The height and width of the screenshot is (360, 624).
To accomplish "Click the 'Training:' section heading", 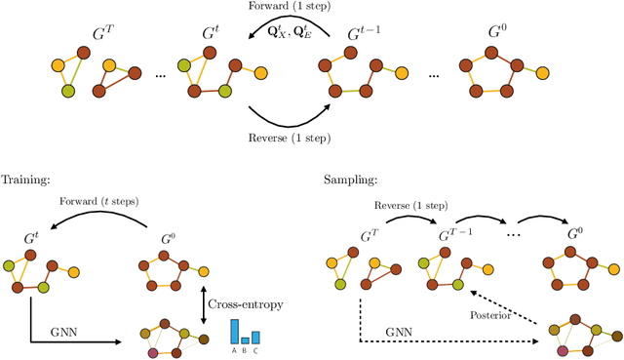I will [25, 180].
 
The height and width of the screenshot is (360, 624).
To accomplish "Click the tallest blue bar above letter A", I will [234, 331].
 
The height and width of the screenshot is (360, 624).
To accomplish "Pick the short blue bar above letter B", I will [245, 340].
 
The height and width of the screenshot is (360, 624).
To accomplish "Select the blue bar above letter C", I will [255, 337].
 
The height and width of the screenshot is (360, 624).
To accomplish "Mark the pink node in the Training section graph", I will [152, 352].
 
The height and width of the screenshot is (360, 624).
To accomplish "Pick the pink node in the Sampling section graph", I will [563, 349].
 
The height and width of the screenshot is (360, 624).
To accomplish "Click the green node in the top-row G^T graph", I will [68, 91].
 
